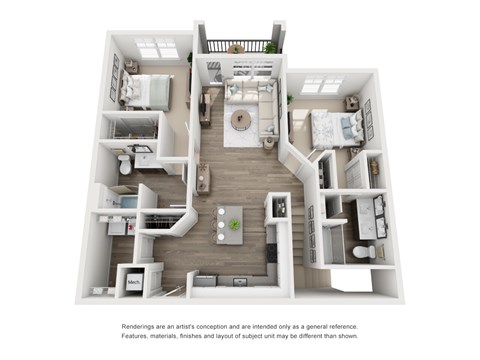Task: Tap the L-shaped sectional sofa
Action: coord(262,107)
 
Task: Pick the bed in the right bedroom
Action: coord(333,128)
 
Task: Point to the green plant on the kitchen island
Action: coord(234,225)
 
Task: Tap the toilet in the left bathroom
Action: coord(124,163)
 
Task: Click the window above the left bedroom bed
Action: coord(156,47)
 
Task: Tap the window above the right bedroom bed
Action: coord(321,86)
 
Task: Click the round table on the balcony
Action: coord(235,47)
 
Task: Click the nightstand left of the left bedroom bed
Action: coord(131,67)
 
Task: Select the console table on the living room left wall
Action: coord(205,102)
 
